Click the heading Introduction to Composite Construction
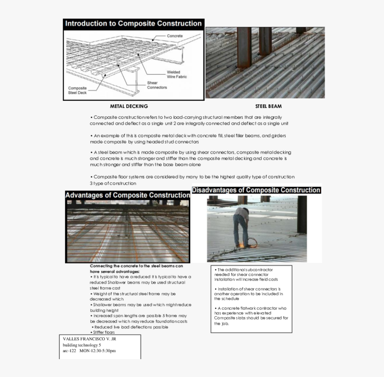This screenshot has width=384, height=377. (x=133, y=24)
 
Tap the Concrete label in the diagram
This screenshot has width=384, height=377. (x=175, y=36)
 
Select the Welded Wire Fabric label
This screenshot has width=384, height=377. (x=177, y=74)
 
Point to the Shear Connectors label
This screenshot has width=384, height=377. (x=157, y=85)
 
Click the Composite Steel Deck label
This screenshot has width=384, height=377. (x=78, y=90)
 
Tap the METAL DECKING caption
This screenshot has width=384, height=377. (x=129, y=106)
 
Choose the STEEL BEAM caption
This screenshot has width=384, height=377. (x=268, y=106)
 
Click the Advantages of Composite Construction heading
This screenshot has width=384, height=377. (x=127, y=195)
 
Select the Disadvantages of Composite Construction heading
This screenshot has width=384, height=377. (x=256, y=190)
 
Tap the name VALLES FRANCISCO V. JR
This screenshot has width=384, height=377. (x=89, y=339)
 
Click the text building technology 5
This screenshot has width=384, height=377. (x=82, y=345)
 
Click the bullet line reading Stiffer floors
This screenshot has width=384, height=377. (x=104, y=332)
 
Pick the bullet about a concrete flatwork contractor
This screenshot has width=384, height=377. (x=251, y=316)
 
